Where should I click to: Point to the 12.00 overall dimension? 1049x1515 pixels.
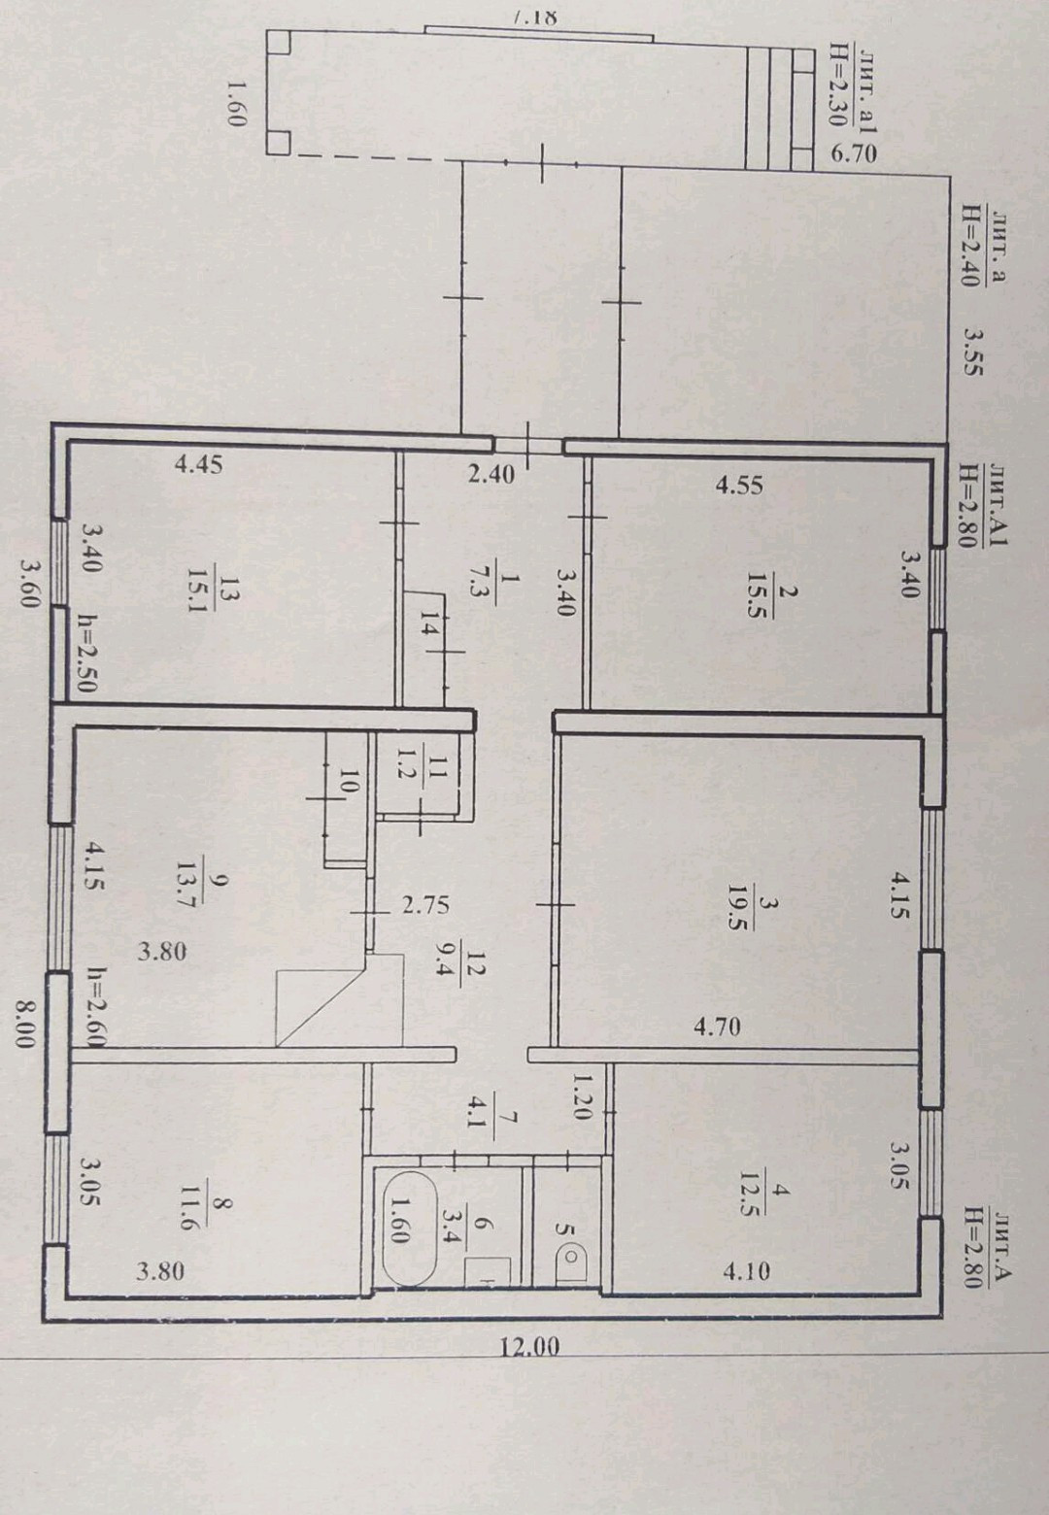point(530,1347)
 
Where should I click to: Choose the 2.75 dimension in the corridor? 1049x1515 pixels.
point(425,904)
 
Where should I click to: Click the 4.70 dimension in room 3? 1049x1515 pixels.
point(717,1026)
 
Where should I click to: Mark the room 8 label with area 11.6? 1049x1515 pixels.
point(189,1213)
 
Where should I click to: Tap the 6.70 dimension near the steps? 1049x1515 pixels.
point(855,153)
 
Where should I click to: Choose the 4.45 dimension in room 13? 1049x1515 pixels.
point(198,464)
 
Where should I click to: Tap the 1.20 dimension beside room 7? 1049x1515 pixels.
point(582,1096)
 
